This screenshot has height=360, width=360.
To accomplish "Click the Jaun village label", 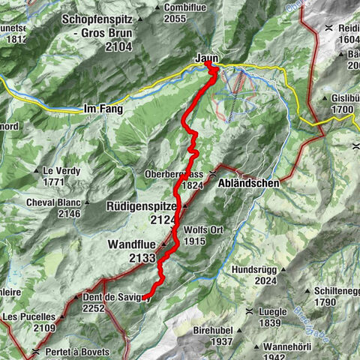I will (206, 58).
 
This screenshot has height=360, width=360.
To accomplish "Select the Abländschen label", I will (245, 182).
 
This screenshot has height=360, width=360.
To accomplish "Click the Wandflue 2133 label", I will (131, 251).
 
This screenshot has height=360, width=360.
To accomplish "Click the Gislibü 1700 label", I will (344, 103).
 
